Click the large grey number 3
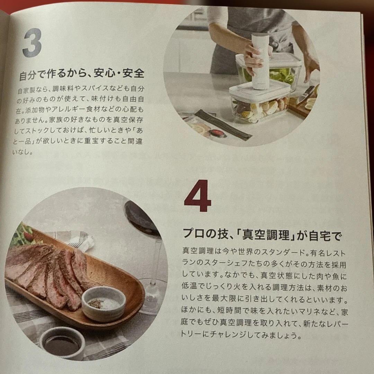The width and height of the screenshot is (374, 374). (32, 43)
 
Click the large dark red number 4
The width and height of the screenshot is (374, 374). (197, 196)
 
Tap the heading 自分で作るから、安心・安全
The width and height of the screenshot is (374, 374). (81, 74)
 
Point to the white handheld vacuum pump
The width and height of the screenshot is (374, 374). (260, 61)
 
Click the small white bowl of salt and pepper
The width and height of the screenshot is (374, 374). (104, 303)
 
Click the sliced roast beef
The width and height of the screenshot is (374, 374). (48, 274)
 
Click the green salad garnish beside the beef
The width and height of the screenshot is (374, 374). (23, 235)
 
